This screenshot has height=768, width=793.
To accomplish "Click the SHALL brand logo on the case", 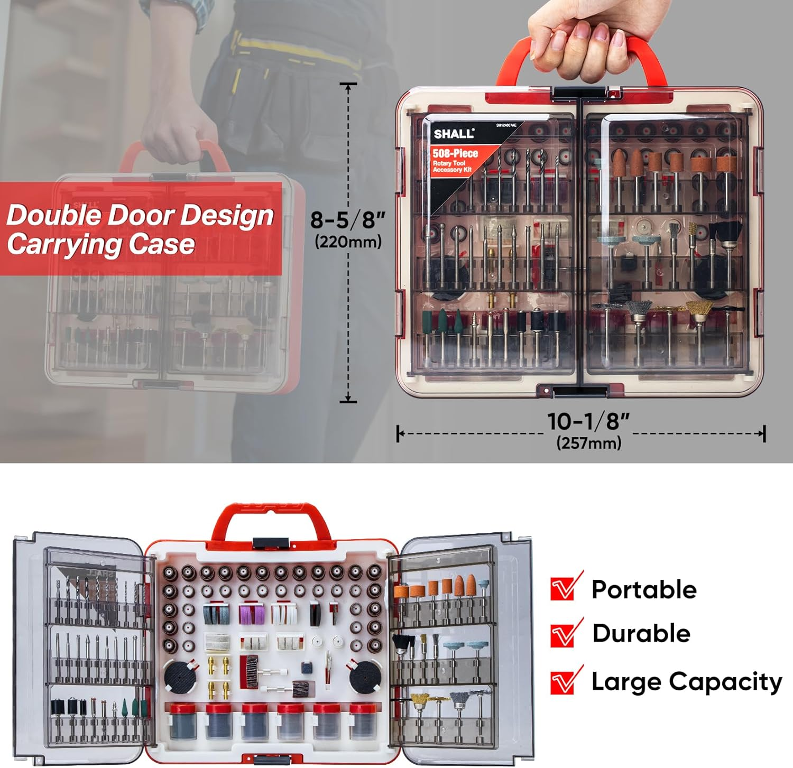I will click(x=454, y=134).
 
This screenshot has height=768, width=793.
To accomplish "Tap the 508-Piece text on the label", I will click(x=455, y=153).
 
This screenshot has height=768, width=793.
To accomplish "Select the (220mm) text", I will click(x=348, y=242).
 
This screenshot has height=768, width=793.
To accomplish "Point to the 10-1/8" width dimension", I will click(x=588, y=421).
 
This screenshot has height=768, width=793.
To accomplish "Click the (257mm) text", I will click(x=588, y=443).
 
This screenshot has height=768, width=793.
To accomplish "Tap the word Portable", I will click(x=643, y=590).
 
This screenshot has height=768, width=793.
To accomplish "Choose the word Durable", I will click(x=641, y=633).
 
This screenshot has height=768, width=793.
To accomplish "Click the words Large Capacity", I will click(x=686, y=682).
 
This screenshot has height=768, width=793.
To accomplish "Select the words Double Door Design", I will click(x=140, y=215).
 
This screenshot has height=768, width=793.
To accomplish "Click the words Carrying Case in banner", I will click(x=100, y=244).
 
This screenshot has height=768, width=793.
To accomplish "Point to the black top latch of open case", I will click(x=271, y=543).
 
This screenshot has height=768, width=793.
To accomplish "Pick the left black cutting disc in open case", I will click(x=180, y=677).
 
